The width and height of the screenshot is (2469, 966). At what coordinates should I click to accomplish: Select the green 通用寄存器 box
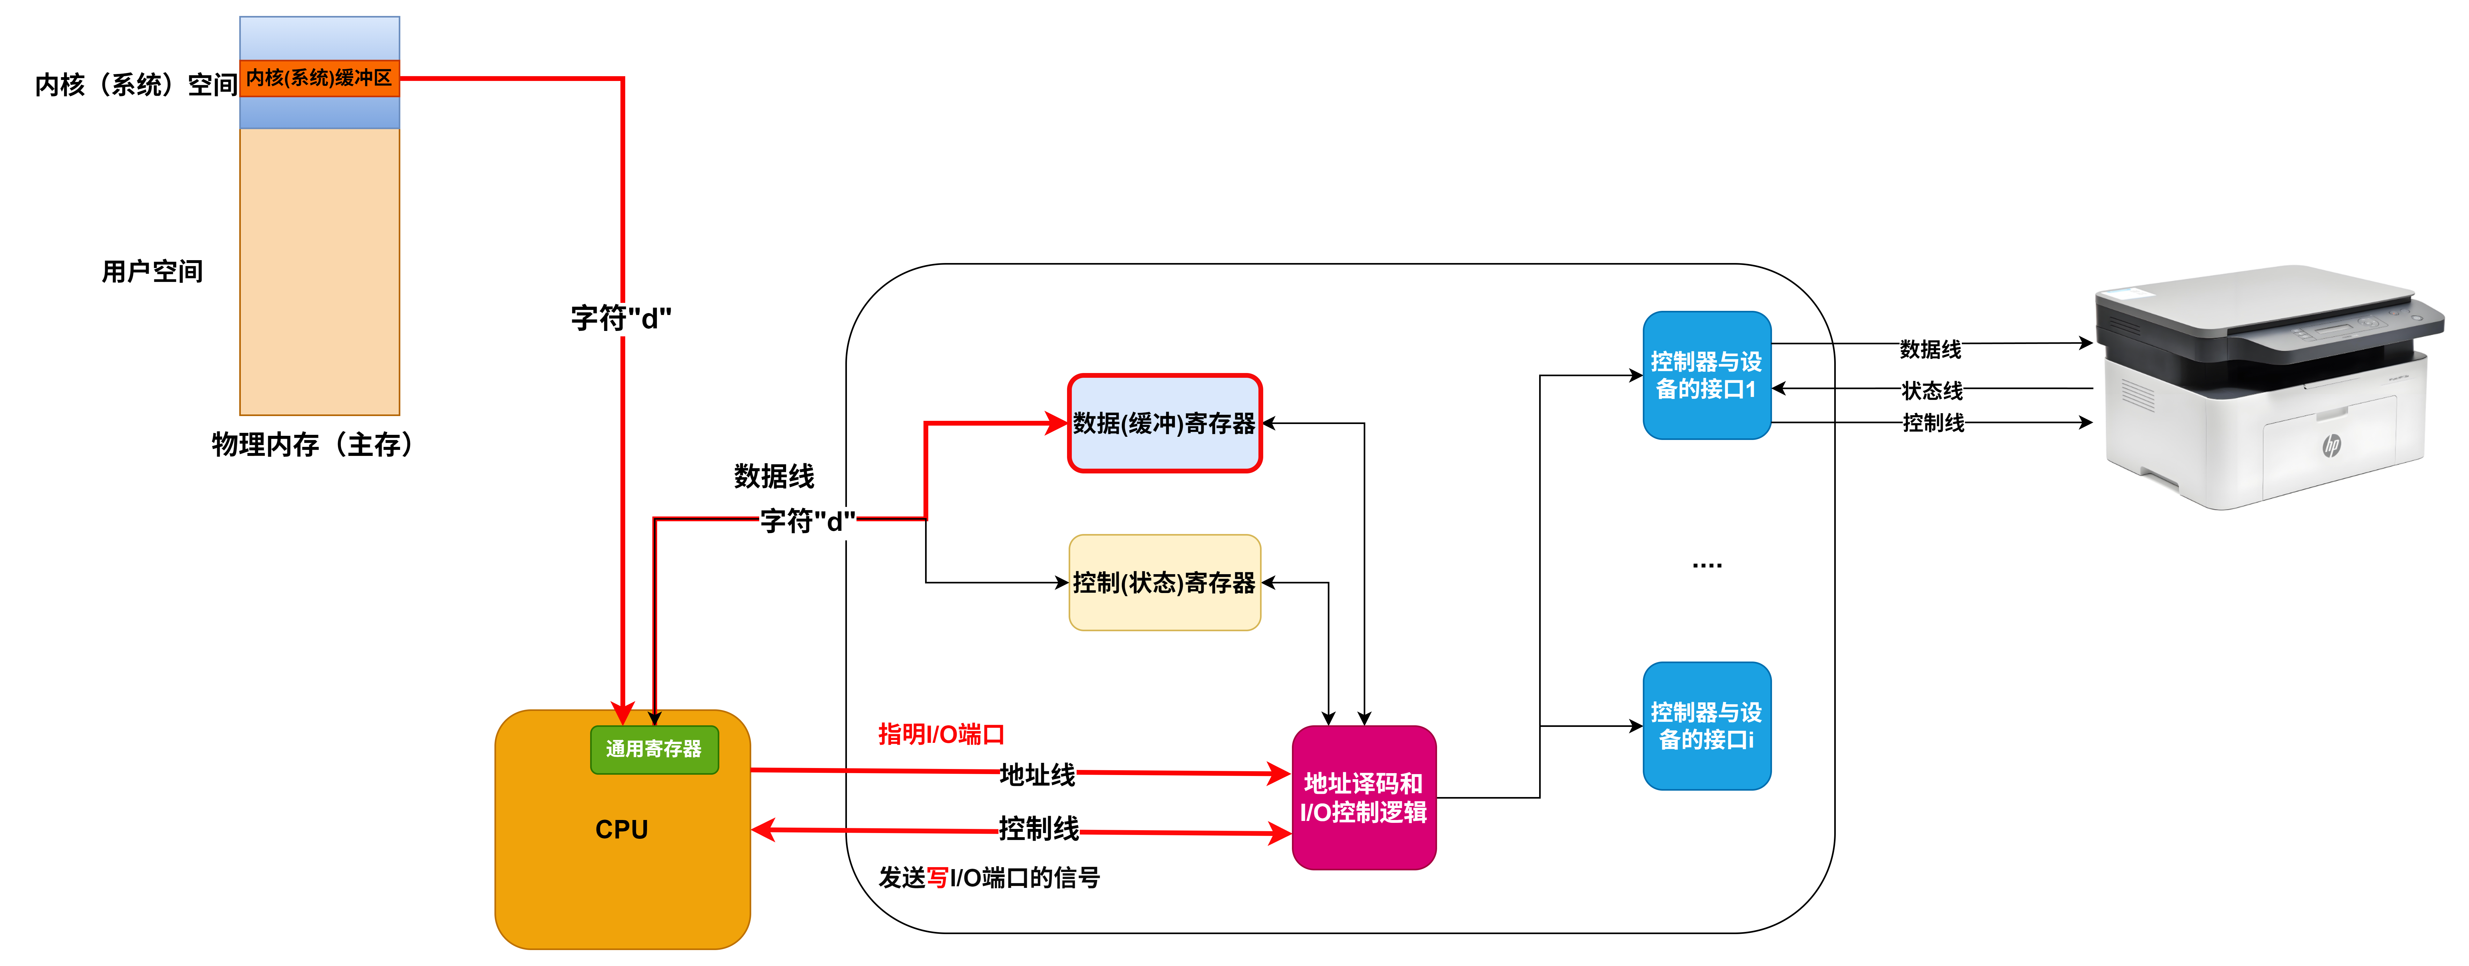(x=654, y=749)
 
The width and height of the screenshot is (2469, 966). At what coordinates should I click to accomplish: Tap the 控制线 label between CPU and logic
(x=1038, y=828)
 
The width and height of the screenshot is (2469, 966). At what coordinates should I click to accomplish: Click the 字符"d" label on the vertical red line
(x=621, y=318)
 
